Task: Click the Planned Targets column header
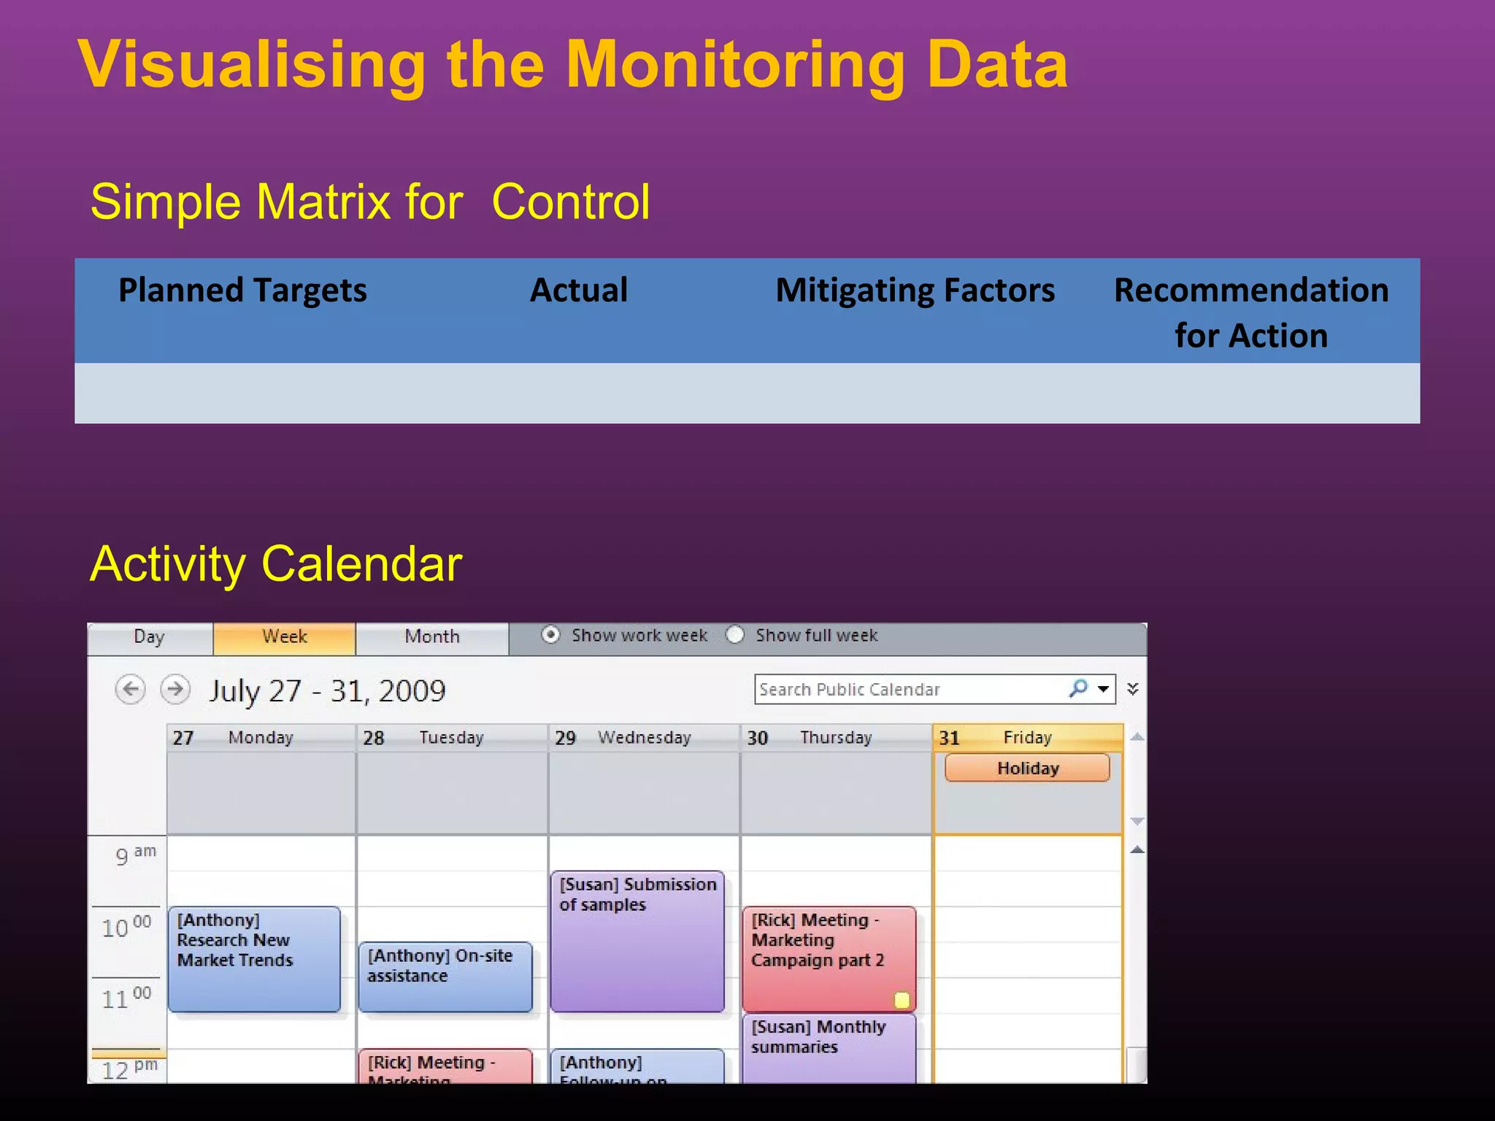pyautogui.click(x=242, y=290)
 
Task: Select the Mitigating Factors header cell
pyautogui.click(x=915, y=290)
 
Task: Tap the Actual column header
pyautogui.click(x=578, y=290)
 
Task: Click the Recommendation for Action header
pyautogui.click(x=1250, y=312)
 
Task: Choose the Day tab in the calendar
pyautogui.click(x=150, y=637)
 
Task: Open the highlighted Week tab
pyautogui.click(x=284, y=637)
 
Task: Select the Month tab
pyautogui.click(x=432, y=637)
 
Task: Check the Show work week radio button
pyautogui.click(x=551, y=635)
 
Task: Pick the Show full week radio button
pyautogui.click(x=735, y=635)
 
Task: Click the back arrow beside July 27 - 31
pyautogui.click(x=131, y=689)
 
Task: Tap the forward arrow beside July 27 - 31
pyautogui.click(x=175, y=689)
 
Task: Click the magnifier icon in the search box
pyautogui.click(x=1078, y=688)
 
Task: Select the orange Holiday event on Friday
pyautogui.click(x=1027, y=768)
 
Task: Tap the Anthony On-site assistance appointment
pyautogui.click(x=445, y=976)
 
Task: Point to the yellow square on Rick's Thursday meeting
pyautogui.click(x=902, y=1000)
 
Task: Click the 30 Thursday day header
pyautogui.click(x=835, y=738)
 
